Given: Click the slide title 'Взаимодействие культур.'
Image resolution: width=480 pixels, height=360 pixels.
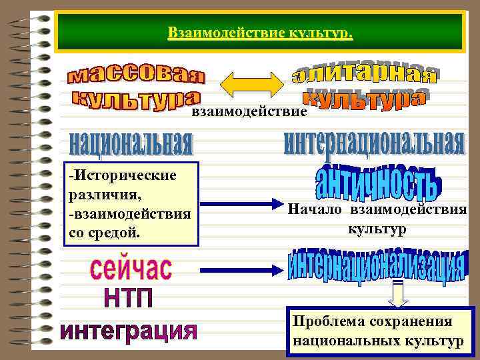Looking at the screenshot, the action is tap(261, 33).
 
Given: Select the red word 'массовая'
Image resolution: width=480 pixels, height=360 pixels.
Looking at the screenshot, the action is tap(137, 75).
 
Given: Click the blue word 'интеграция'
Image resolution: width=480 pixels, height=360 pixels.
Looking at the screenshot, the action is tap(129, 331).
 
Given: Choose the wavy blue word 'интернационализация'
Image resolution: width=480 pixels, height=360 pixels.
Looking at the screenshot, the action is tap(377, 266).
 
